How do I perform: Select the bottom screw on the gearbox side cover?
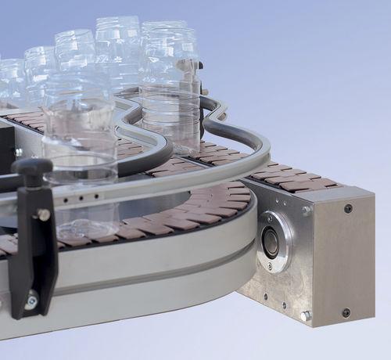(x=346, y=312)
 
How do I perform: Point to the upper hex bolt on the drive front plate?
(x=306, y=210)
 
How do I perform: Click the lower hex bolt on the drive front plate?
(x=305, y=315)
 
